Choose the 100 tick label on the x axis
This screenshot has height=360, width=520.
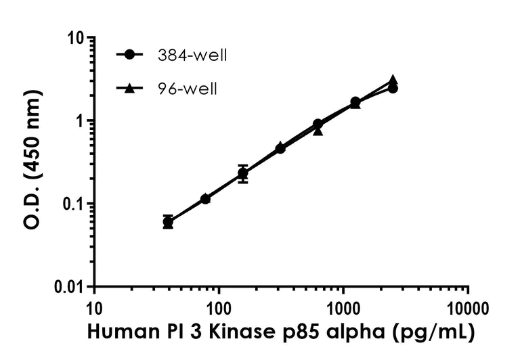coord(219,310)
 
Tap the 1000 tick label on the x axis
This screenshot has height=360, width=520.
coord(344,310)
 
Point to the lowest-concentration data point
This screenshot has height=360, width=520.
coord(168,222)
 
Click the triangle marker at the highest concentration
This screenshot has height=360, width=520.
coord(393,80)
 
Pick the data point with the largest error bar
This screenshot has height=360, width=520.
coord(243,174)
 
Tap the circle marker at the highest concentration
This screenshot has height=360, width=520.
coord(393,89)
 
